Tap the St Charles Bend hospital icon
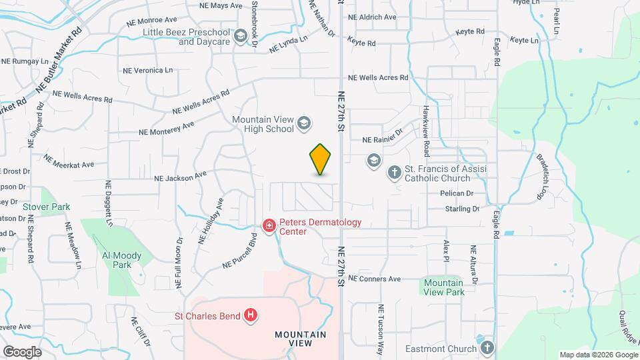[x=250, y=315]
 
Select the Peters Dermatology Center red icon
[x=269, y=227]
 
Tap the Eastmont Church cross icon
[x=487, y=348]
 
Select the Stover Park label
[x=47, y=207]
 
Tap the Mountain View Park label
[x=444, y=287]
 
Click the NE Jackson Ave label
[x=181, y=177]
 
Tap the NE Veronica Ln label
[x=147, y=70]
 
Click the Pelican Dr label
[x=456, y=193]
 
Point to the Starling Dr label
[x=463, y=209]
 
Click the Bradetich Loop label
[x=545, y=177]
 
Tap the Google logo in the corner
[x=22, y=351]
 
